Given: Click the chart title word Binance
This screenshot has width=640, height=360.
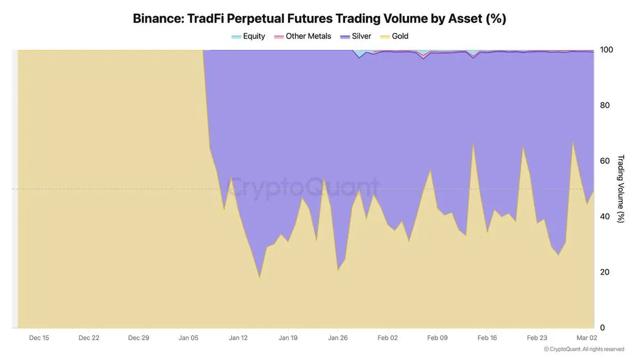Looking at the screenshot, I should [157, 19].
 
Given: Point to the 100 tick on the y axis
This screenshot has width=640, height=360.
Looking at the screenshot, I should [606, 50].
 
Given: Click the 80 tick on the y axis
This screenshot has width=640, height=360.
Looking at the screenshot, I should [605, 105].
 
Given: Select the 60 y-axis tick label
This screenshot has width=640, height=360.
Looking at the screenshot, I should [605, 161].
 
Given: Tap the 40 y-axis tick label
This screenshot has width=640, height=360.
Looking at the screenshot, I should [605, 216].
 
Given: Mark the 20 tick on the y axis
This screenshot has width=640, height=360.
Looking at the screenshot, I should [605, 272].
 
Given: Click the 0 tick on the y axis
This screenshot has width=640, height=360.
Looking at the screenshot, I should [603, 327].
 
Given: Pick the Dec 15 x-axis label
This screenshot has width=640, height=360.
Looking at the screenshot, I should [39, 338].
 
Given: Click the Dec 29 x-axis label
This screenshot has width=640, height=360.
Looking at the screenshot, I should [139, 338].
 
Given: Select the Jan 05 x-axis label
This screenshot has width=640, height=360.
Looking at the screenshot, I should [188, 338].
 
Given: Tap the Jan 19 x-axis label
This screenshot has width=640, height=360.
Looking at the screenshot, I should [288, 338].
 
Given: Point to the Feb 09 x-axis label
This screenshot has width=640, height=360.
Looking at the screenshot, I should [438, 338].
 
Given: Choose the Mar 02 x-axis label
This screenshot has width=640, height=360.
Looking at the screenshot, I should [587, 338].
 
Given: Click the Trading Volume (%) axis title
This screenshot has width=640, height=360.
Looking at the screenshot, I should [621, 189].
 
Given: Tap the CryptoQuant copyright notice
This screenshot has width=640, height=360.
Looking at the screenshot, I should [584, 349].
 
